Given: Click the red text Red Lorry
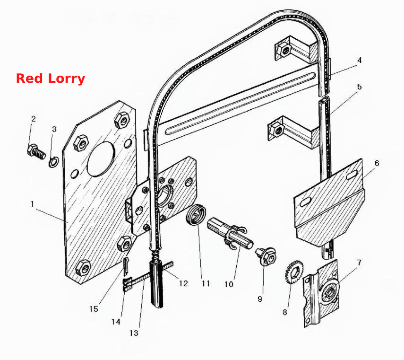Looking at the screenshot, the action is pyautogui.click(x=51, y=79).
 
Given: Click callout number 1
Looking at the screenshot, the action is pyautogui.click(x=33, y=204).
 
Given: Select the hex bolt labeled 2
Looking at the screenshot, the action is pyautogui.click(x=36, y=152).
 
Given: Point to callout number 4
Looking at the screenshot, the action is pyautogui.click(x=360, y=61).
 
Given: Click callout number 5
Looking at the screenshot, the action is pyautogui.click(x=360, y=87).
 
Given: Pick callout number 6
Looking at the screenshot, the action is pyautogui.click(x=377, y=163).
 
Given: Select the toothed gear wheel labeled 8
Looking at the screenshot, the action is pyautogui.click(x=295, y=272).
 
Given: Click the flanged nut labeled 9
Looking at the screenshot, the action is pyautogui.click(x=266, y=256).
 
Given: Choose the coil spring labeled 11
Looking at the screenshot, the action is pyautogui.click(x=196, y=214).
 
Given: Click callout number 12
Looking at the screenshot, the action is pyautogui.click(x=183, y=284).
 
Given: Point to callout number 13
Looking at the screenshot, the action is pyautogui.click(x=134, y=333).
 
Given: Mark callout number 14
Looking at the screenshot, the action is pyautogui.click(x=116, y=322).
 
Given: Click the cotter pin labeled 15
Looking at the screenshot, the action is pyautogui.click(x=126, y=266).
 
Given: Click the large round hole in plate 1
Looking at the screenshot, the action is pyautogui.click(x=101, y=159).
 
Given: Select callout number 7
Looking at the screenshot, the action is pyautogui.click(x=359, y=263).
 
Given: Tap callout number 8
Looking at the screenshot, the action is pyautogui.click(x=285, y=312).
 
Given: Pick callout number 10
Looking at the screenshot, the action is pyautogui.click(x=229, y=284).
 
